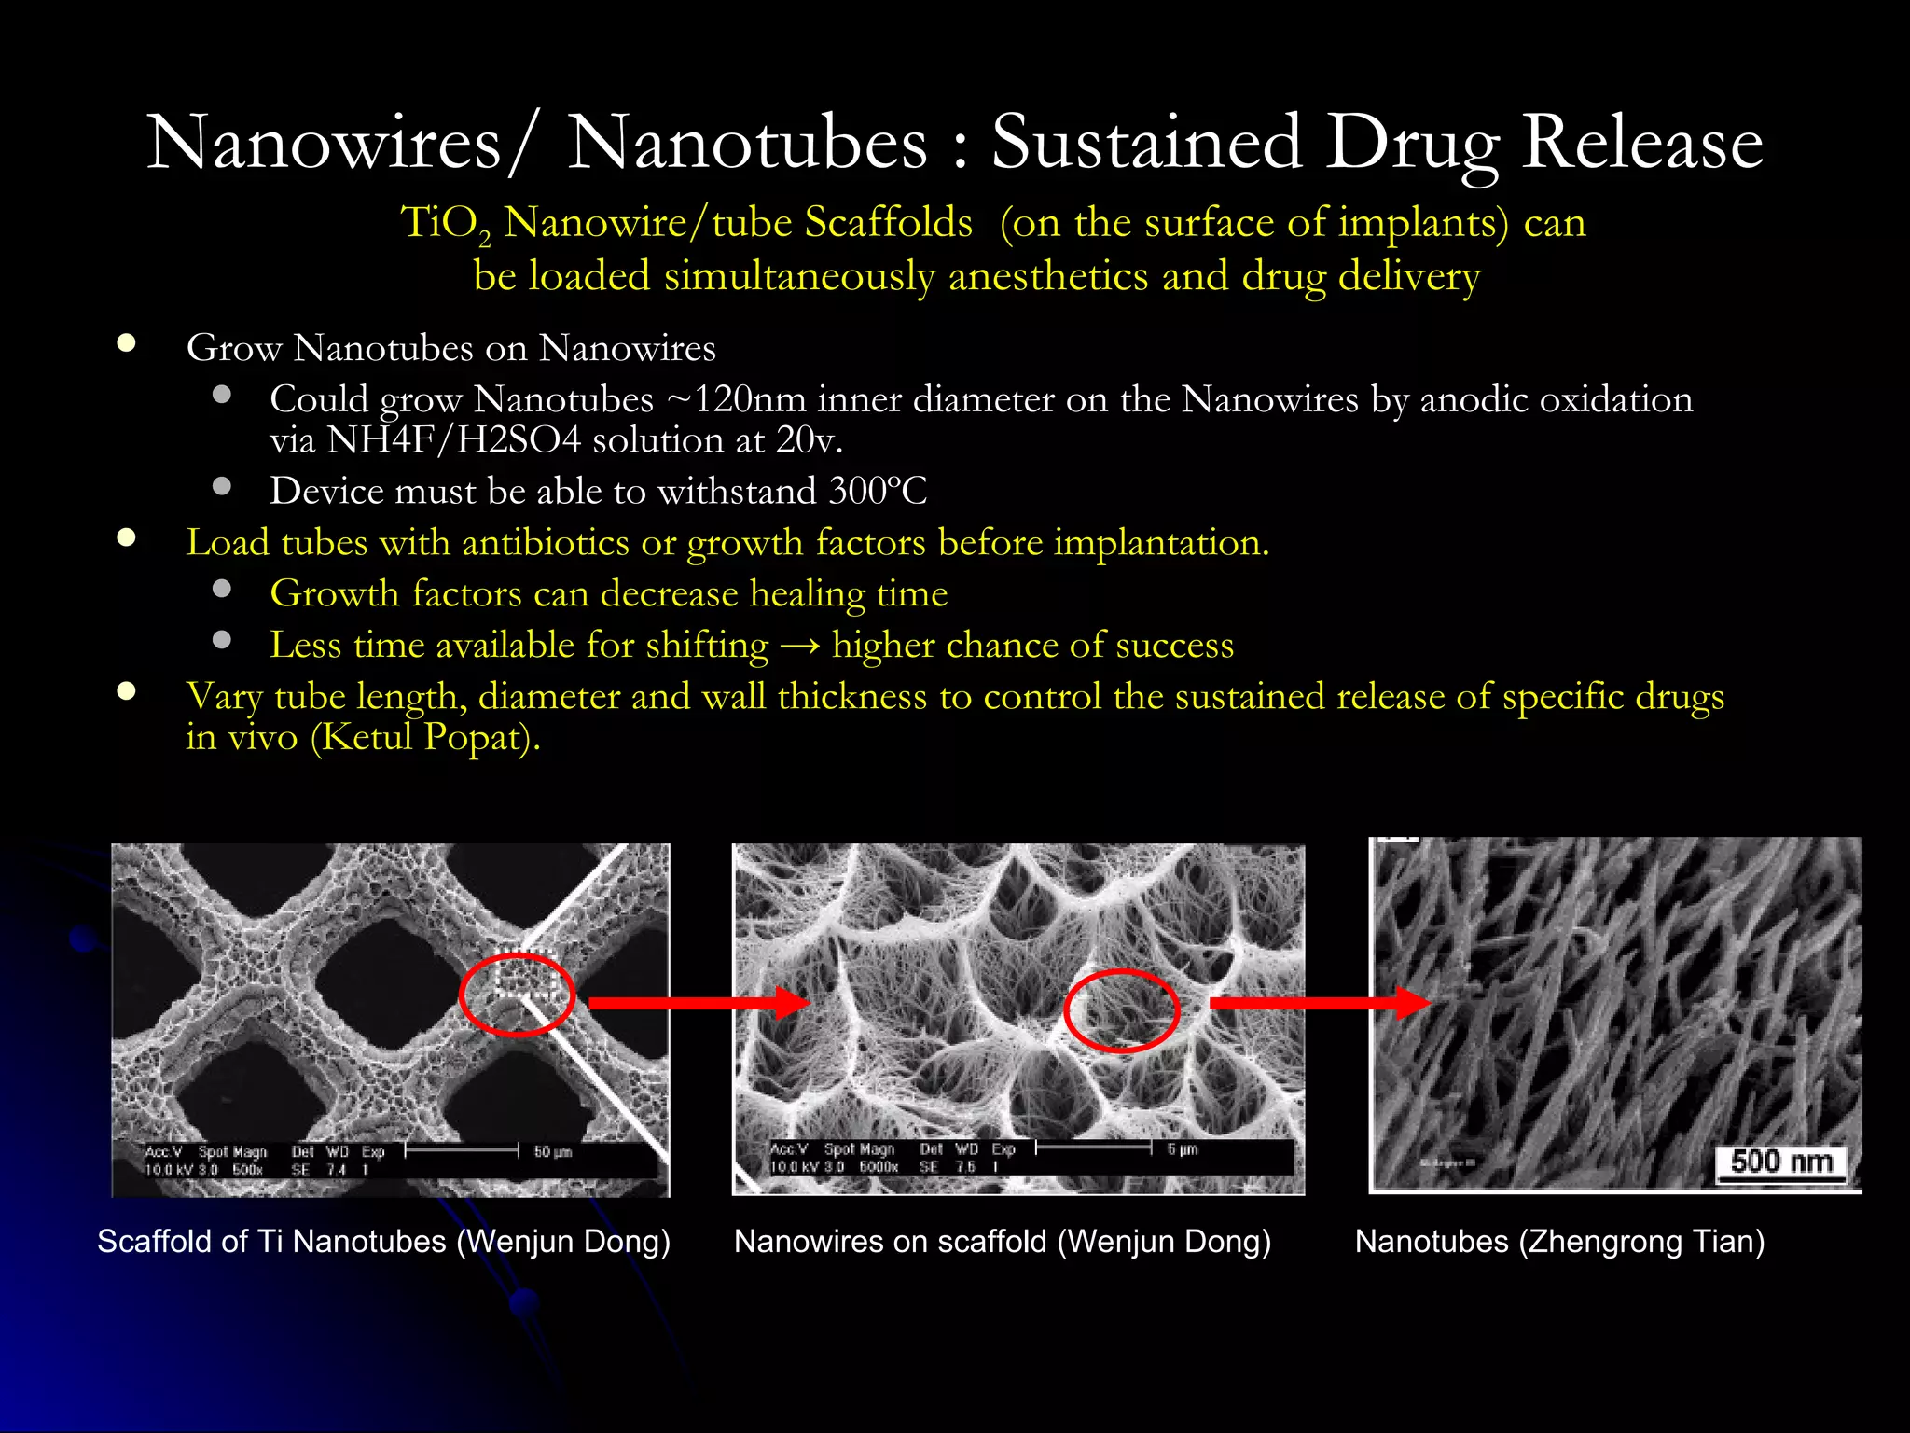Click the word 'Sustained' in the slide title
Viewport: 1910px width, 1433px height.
[1145, 143]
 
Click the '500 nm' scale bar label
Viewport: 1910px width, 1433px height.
[1781, 1162]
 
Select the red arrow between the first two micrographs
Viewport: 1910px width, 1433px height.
[699, 1003]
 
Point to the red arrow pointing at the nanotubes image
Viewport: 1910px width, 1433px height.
[1320, 1003]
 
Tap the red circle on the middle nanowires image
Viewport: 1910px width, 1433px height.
[1122, 1010]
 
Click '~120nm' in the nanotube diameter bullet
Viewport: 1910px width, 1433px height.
[736, 399]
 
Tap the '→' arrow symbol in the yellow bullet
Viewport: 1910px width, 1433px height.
[799, 646]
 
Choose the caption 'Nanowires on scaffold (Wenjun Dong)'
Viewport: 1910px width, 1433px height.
[1002, 1242]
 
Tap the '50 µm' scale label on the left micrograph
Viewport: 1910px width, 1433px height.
[552, 1152]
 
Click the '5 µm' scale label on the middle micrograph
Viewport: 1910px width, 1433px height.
[1182, 1149]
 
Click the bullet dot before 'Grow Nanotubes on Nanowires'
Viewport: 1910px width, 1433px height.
[127, 343]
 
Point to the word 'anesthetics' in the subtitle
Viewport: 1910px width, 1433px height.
[1048, 276]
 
